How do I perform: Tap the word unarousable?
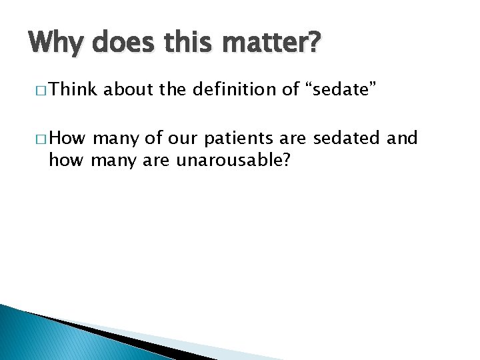click(x=238, y=160)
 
